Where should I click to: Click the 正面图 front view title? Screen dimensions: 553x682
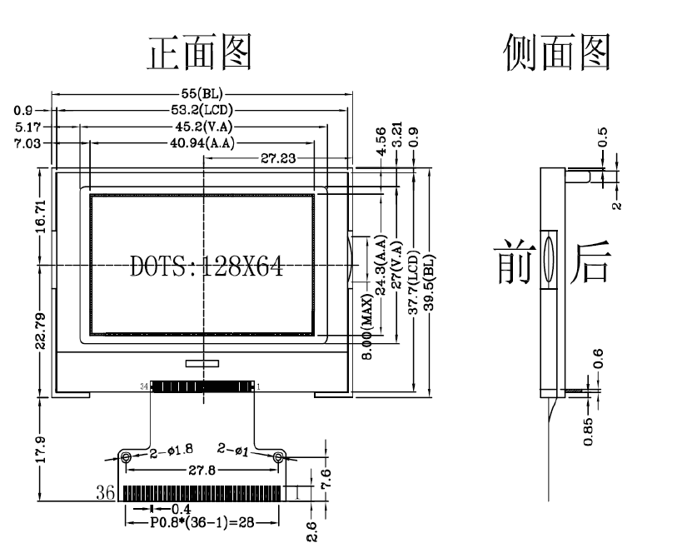point(200,52)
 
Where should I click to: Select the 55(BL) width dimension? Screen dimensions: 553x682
point(202,93)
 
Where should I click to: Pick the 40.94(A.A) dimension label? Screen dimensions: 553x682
point(201,142)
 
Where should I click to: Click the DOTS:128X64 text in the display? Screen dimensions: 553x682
point(207,267)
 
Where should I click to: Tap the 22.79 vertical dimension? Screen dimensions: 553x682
point(41,320)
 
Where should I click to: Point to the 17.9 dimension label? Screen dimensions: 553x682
point(41,450)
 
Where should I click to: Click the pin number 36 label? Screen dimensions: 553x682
point(106,491)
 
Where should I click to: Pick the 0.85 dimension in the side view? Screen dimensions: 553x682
point(590,430)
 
